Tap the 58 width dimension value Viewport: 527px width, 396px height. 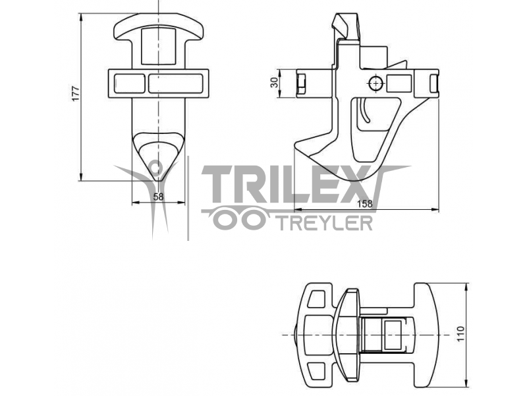tap(158, 197)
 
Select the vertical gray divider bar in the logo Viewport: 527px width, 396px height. tap(188, 198)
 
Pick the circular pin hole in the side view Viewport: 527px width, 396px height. tap(375, 83)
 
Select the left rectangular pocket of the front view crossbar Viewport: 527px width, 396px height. tap(130, 84)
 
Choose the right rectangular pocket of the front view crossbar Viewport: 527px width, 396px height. tap(175, 84)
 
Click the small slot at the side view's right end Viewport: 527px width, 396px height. tap(433, 84)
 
